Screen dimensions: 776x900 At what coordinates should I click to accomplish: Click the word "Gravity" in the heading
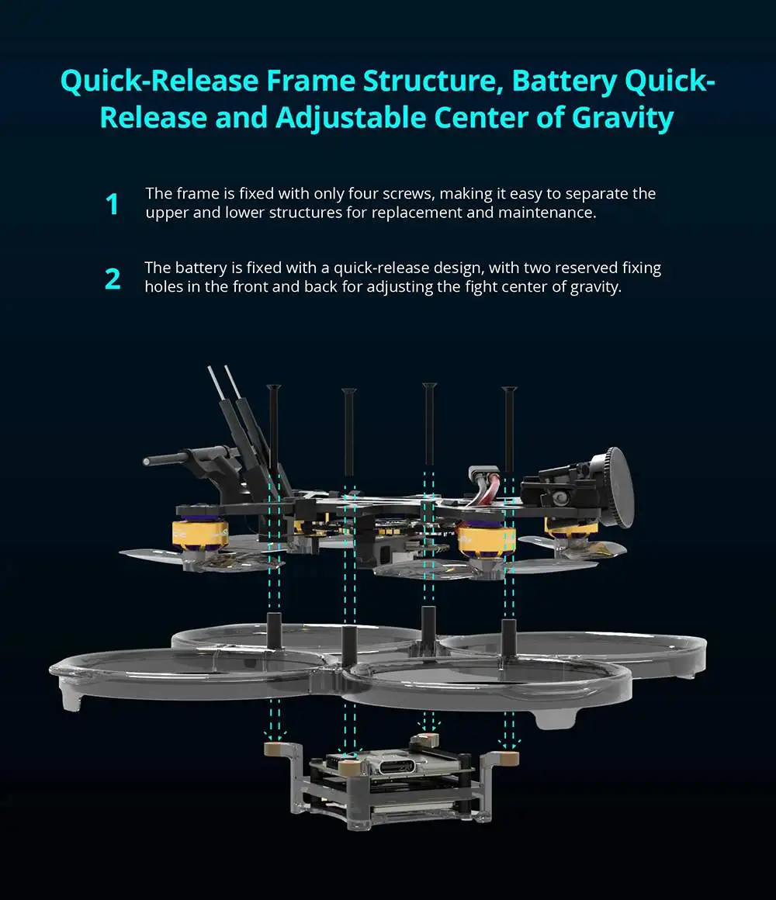622,118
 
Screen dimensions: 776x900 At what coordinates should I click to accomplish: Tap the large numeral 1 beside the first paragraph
113,204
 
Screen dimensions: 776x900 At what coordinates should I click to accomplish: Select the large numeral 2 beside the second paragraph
113,279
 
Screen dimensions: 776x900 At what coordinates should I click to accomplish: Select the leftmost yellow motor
199,535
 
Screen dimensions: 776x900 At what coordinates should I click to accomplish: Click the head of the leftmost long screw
274,387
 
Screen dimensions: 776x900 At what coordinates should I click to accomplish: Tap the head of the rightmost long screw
509,390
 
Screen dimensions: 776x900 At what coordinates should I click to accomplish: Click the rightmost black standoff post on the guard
508,637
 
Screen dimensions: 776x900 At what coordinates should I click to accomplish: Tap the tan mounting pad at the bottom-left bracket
275,749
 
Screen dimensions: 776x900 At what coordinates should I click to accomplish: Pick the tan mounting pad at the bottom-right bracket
508,758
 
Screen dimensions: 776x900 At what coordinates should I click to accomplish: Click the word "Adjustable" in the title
352,119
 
